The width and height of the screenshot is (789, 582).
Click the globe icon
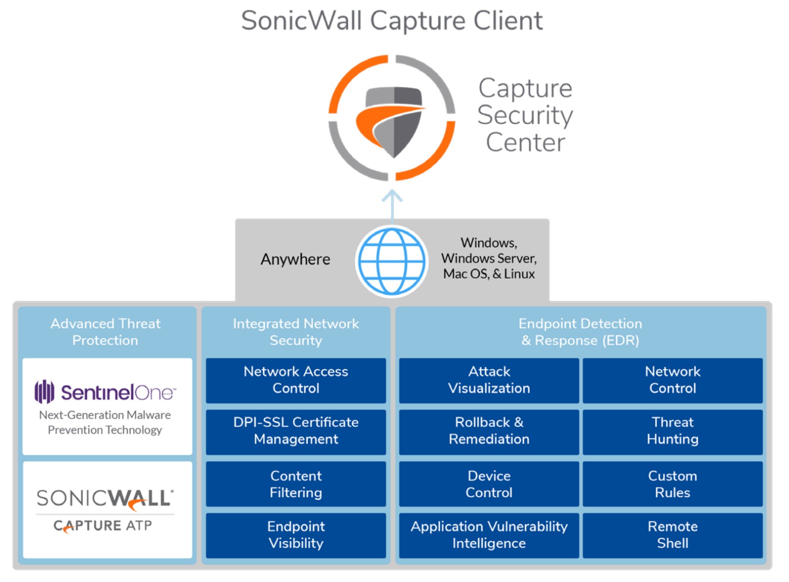point(392,261)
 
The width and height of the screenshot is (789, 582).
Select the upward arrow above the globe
point(392,203)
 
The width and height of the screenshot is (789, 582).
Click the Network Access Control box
point(296,380)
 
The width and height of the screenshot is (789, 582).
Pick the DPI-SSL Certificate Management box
point(296,431)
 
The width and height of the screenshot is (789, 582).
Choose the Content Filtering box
point(296,484)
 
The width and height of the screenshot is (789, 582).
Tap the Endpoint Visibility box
point(296,535)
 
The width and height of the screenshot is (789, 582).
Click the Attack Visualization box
point(489,380)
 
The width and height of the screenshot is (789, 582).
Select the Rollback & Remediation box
point(489,431)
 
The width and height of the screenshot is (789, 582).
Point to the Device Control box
point(489,484)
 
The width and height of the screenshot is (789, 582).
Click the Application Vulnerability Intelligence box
point(489,535)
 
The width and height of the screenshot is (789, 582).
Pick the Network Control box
point(673,380)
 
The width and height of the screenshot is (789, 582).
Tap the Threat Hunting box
point(673,431)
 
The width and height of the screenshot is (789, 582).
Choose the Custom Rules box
point(673,484)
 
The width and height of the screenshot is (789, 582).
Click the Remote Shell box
point(673,535)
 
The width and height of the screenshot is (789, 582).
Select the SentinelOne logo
point(105,392)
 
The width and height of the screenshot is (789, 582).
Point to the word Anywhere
point(295,259)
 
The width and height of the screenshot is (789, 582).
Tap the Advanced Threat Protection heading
point(106,332)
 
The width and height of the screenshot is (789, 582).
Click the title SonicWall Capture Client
point(392,21)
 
